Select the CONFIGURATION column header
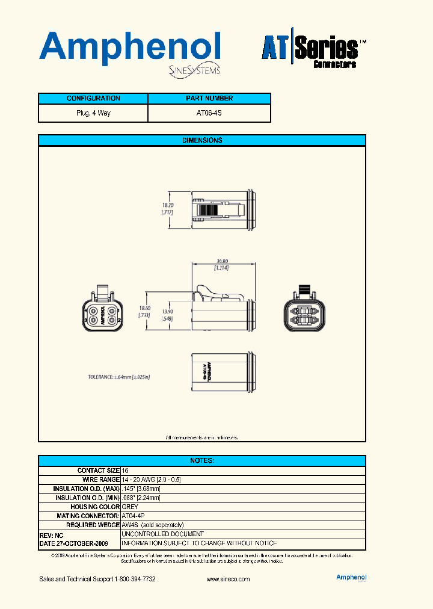coord(93,99)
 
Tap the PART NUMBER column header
coord(209,99)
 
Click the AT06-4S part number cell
coord(209,113)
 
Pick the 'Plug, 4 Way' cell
coord(93,113)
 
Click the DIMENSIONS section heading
coord(202,140)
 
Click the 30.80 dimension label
coord(222,261)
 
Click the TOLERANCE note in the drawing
coord(118,377)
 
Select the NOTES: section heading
coord(202,460)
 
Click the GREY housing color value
coord(130,507)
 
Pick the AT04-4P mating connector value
coord(133,516)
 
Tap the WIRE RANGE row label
coord(100,480)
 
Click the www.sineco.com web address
coord(228,579)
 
